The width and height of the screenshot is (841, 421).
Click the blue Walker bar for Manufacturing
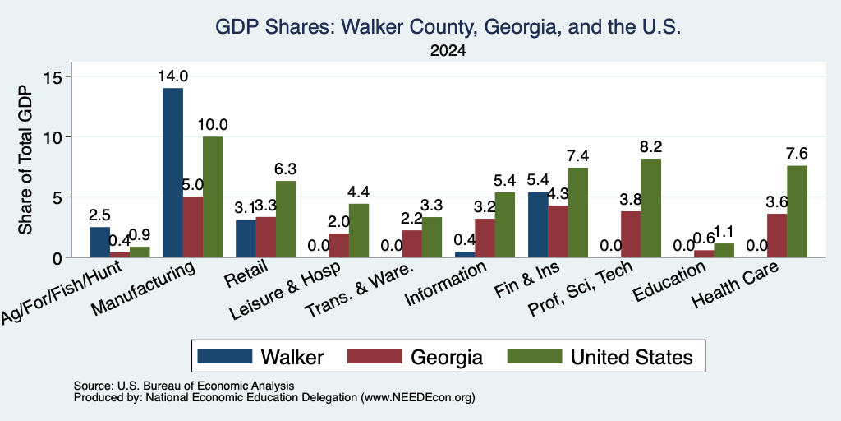(172, 173)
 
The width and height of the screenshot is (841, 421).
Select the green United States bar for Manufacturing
(213, 197)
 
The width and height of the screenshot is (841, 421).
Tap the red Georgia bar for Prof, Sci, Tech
(631, 234)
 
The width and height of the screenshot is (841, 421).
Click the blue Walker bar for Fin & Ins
(538, 224)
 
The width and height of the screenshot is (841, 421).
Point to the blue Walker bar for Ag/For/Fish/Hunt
(99, 242)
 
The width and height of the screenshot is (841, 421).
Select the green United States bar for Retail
(285, 219)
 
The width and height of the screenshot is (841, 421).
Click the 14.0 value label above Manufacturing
(172, 76)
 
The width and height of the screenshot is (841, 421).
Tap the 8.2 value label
(651, 146)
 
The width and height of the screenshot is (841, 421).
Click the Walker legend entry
(260, 357)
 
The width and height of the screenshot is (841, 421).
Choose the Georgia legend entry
(415, 357)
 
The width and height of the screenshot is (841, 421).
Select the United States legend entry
(600, 357)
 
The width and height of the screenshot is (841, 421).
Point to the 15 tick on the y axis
(54, 76)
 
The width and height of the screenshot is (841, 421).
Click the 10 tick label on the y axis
(54, 137)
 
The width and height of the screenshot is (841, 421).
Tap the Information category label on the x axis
(446, 284)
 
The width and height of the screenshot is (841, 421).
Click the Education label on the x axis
(669, 282)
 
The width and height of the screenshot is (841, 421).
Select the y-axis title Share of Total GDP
(25, 160)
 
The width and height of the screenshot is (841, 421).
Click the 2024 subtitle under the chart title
(448, 51)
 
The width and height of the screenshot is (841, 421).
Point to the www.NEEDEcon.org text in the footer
(418, 398)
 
